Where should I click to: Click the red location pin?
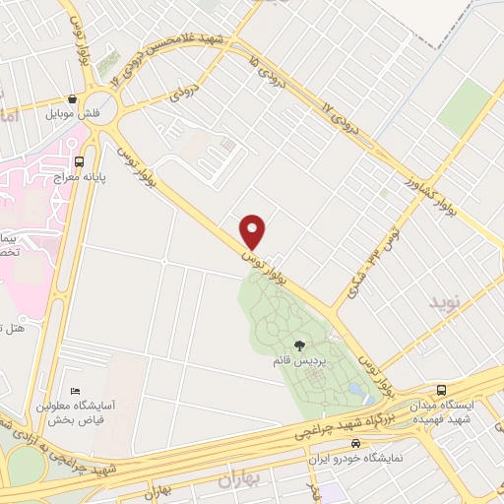(254, 230)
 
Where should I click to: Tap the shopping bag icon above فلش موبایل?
(73, 98)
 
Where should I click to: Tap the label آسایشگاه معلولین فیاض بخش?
(76, 412)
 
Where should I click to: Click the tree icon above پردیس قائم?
(299, 346)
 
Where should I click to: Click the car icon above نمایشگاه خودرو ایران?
(369, 444)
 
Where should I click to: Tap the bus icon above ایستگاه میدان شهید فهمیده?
(441, 390)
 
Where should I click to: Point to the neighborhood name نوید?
(443, 301)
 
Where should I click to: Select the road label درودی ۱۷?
(338, 116)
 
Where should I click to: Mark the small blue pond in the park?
(354, 390)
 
